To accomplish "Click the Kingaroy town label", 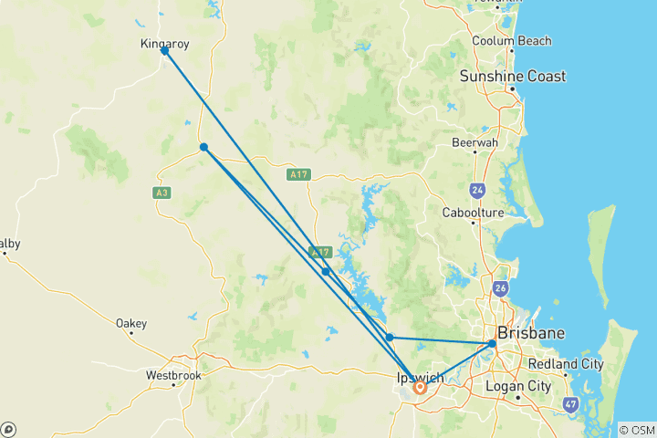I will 164,43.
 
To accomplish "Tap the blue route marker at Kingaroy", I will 164,51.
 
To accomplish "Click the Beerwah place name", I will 474,142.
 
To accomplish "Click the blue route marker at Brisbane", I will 492,344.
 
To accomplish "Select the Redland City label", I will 566,364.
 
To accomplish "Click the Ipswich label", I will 421,378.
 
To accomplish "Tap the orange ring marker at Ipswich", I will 420,387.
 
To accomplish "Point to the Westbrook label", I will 172,375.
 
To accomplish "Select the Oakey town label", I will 131,323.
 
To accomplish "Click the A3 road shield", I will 162,192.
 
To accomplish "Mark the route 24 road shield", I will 477,191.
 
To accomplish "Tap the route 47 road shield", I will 570,403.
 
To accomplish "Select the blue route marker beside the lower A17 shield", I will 326,271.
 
